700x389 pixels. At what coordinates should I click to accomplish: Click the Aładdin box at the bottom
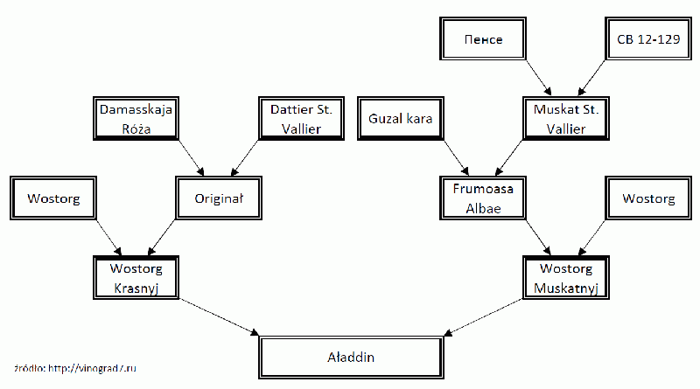pyautogui.click(x=351, y=358)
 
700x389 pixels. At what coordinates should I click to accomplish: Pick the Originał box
pyautogui.click(x=218, y=198)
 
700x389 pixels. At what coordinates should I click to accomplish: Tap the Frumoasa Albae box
pyautogui.click(x=482, y=198)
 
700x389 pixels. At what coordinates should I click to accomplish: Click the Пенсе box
pyautogui.click(x=482, y=40)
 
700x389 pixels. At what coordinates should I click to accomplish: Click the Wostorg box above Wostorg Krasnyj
pyautogui.click(x=52, y=198)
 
